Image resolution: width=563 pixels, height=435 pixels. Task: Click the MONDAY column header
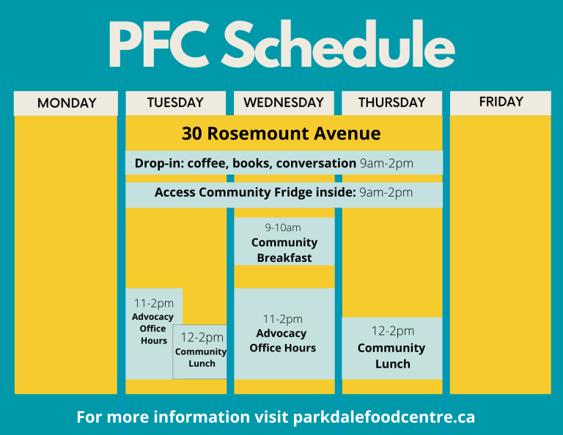[x=67, y=103]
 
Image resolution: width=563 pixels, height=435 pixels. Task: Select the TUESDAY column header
[x=175, y=103]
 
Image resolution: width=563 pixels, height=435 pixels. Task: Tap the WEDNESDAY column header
[x=284, y=103]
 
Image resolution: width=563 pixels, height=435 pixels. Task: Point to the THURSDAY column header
[x=391, y=103]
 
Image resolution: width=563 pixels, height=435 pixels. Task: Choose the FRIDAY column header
[x=501, y=102]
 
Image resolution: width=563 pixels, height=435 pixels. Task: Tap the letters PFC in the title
[x=158, y=45]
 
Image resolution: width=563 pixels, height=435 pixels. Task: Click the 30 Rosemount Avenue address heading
[x=281, y=134]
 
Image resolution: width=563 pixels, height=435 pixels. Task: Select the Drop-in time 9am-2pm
[x=386, y=164]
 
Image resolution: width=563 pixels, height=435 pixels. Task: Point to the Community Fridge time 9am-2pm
[x=386, y=192]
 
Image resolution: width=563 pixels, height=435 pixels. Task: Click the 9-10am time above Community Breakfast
[x=283, y=227]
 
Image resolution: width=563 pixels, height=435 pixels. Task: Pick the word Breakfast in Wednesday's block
[x=284, y=258]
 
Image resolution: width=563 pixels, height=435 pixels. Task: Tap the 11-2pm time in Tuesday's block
[x=154, y=304]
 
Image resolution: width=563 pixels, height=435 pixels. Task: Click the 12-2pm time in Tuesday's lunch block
[x=202, y=337]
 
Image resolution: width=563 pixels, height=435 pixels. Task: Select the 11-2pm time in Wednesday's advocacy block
[x=282, y=319]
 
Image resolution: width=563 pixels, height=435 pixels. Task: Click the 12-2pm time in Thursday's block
[x=393, y=331]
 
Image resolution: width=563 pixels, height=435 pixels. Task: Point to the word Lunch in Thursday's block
[x=393, y=364]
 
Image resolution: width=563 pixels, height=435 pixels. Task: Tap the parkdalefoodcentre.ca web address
[x=384, y=417]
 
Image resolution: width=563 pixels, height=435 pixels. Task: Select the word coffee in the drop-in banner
[x=208, y=164]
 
